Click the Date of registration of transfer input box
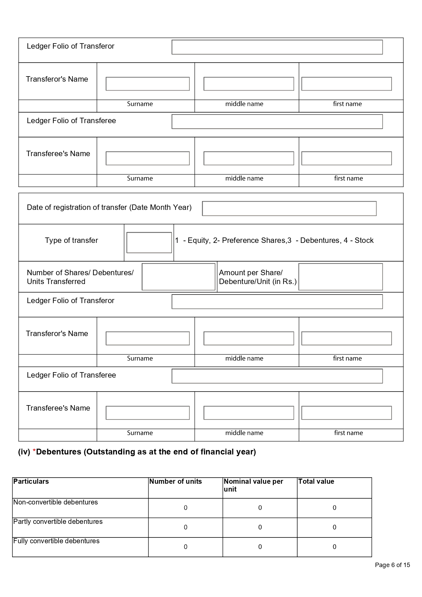(x=289, y=209)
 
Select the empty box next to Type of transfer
(x=149, y=243)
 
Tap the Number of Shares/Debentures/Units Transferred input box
(x=179, y=277)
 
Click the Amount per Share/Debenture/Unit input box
(x=340, y=277)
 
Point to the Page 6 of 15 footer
(x=392, y=565)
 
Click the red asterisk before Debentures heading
(x=34, y=452)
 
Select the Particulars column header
(x=31, y=481)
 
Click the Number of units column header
(x=175, y=481)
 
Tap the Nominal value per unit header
(x=253, y=485)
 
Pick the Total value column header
(x=316, y=481)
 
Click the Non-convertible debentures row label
(x=55, y=502)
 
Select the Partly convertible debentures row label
(x=58, y=521)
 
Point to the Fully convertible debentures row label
(x=56, y=541)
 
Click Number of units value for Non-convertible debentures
(x=186, y=508)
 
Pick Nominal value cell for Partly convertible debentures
(x=260, y=527)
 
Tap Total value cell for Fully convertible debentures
(x=335, y=547)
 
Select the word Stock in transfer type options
(x=364, y=241)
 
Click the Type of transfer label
(x=71, y=241)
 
